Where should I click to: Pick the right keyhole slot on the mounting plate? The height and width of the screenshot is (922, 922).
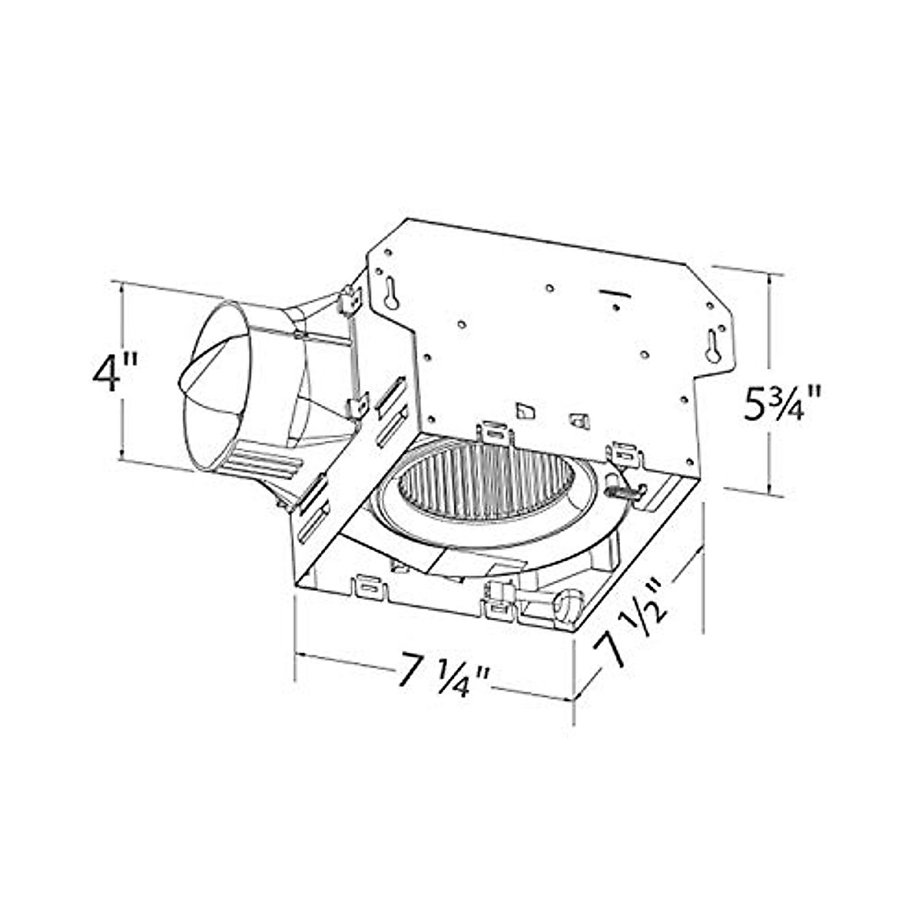pyautogui.click(x=715, y=348)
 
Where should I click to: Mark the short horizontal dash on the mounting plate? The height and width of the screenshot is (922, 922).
pyautogui.click(x=613, y=293)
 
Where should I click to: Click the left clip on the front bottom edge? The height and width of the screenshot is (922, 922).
pyautogui.click(x=367, y=589)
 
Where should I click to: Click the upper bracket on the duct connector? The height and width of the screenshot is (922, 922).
pyautogui.click(x=350, y=299)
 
